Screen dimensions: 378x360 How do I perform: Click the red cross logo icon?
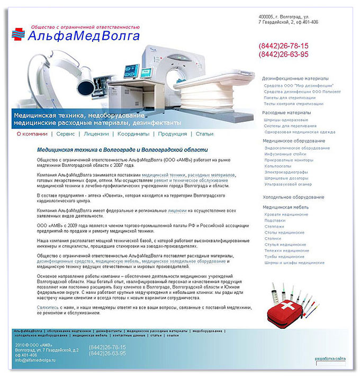(19, 34)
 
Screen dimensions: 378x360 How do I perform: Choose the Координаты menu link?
(133, 134)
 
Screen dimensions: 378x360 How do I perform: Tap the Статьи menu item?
(204, 134)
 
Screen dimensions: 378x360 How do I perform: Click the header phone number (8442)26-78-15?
(283, 46)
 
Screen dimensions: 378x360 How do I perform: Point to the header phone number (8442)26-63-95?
(283, 55)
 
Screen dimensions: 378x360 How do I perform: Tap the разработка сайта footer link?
(330, 358)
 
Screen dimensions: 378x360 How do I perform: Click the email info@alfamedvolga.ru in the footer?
(35, 360)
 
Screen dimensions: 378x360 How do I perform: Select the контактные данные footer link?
(128, 335)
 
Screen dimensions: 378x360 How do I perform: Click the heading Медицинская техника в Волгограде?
(122, 150)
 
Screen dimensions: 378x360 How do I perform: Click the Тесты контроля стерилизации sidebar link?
(293, 104)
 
